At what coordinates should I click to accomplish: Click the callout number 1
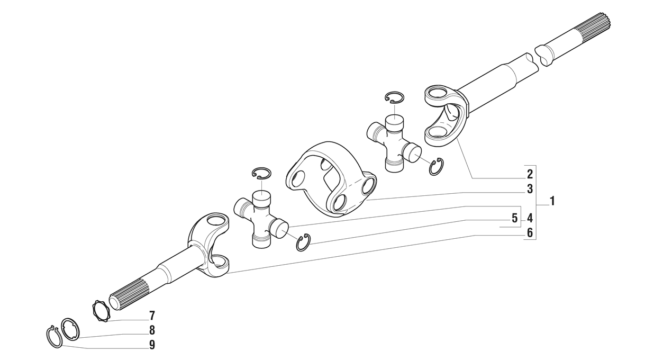coord(551,201)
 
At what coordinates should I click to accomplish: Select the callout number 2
coord(530,174)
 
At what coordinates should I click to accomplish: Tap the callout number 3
coord(530,189)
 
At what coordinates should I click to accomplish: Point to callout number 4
coord(530,218)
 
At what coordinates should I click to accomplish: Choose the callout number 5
coord(514,218)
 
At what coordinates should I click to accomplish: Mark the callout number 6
coord(530,233)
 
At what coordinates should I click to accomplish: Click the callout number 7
coord(152,316)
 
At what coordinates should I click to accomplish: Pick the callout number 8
coord(152,330)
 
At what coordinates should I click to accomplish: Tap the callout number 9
coord(152,345)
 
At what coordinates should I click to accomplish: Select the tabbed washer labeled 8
coord(71,329)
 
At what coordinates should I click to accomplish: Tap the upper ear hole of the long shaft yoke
coord(436,94)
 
